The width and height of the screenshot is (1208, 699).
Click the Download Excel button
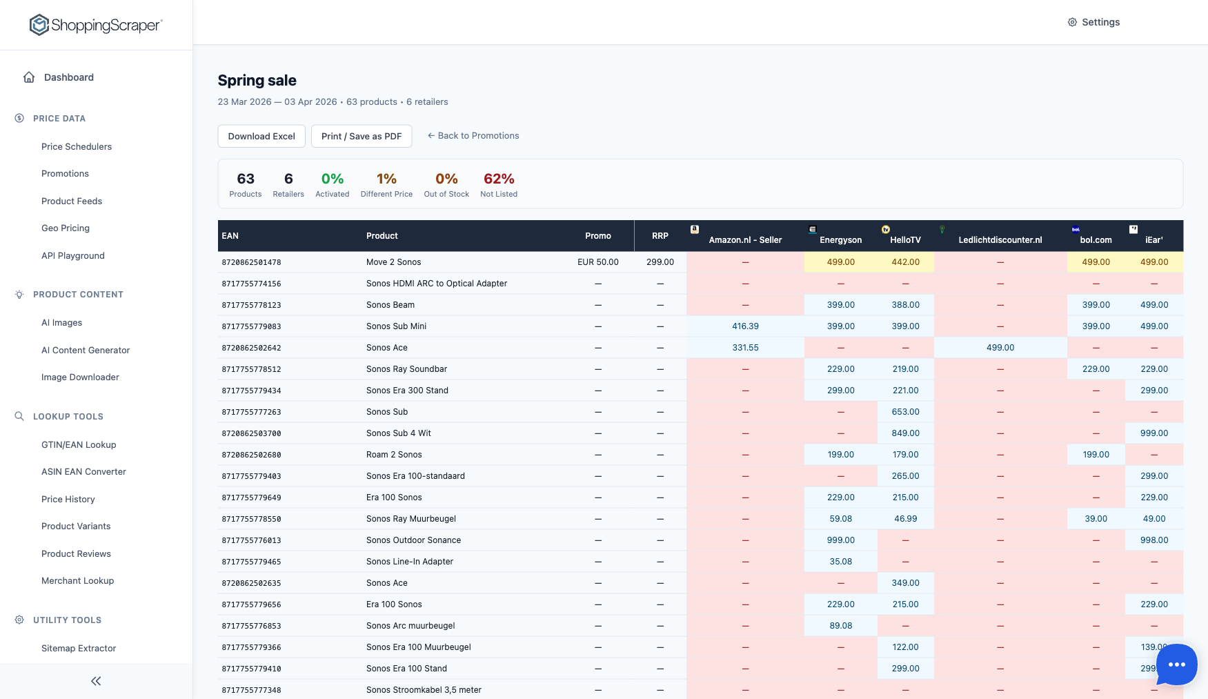[261, 136]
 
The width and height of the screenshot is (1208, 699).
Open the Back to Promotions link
[473, 136]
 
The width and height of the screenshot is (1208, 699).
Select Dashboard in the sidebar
[68, 77]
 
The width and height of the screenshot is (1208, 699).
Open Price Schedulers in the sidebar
[77, 146]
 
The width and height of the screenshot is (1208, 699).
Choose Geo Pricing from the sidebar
[66, 228]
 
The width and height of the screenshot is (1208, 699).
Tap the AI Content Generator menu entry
[86, 351]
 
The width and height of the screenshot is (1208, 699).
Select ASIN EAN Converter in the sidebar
[83, 472]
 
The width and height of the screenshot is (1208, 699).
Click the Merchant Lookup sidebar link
[77, 581]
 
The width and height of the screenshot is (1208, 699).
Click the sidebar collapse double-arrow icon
[96, 681]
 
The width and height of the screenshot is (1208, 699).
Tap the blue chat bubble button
[1176, 664]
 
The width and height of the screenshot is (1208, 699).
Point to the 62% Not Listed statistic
[499, 184]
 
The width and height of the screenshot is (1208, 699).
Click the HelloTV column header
[905, 239]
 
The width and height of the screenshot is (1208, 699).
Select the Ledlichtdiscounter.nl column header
[1000, 239]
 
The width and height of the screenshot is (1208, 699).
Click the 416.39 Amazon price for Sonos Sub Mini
[745, 326]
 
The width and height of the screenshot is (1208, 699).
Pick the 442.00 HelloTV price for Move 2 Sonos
[905, 262]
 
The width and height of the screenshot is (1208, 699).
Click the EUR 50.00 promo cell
[597, 262]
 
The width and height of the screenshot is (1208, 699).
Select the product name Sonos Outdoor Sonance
[413, 540]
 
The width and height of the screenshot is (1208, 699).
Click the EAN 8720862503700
[251, 433]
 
